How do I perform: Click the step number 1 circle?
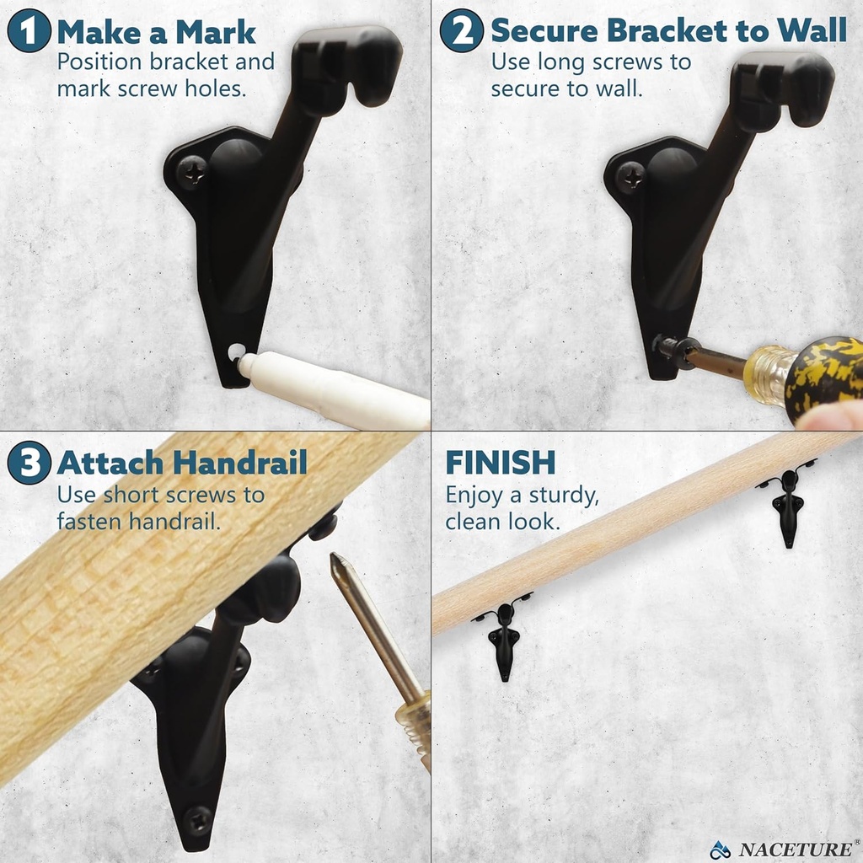[x=29, y=32]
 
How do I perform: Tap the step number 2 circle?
[x=462, y=32]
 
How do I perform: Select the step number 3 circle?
[x=29, y=464]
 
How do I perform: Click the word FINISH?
[x=500, y=463]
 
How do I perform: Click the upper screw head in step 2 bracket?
[x=631, y=175]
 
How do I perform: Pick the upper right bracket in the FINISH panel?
[x=788, y=507]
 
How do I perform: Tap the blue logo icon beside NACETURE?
[x=719, y=849]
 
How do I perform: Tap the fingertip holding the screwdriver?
[x=830, y=416]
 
